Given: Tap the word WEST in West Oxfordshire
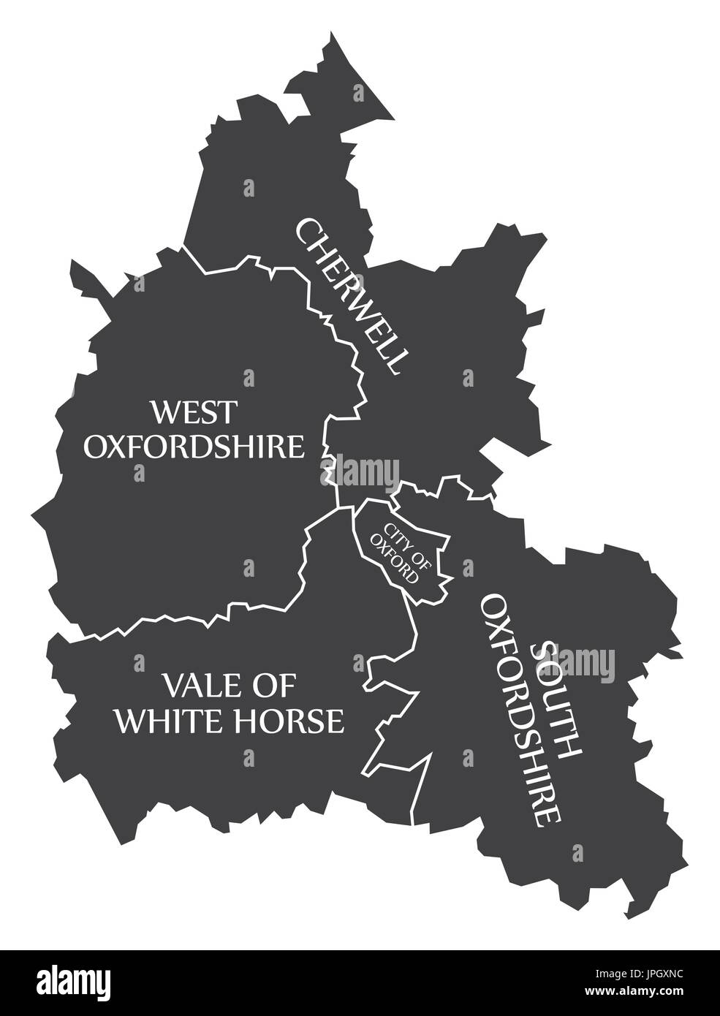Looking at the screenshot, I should [194, 412].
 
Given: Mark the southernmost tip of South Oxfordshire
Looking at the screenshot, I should [626, 917].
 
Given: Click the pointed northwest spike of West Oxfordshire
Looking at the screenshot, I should [72, 262].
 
